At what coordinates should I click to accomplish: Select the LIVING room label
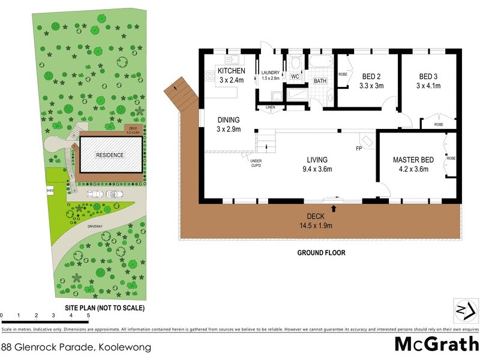317,160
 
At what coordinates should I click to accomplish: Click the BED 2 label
371,76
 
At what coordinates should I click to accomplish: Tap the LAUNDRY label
270,72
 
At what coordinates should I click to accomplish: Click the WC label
295,77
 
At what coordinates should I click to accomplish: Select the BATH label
320,80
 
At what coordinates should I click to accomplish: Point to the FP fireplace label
358,148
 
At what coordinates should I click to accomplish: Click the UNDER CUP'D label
256,162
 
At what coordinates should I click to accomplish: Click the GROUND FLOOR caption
321,253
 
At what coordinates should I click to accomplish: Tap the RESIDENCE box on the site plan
110,155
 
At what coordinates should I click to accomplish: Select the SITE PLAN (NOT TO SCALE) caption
104,307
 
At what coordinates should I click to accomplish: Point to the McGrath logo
436,344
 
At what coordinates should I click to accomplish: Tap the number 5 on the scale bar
88,315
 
